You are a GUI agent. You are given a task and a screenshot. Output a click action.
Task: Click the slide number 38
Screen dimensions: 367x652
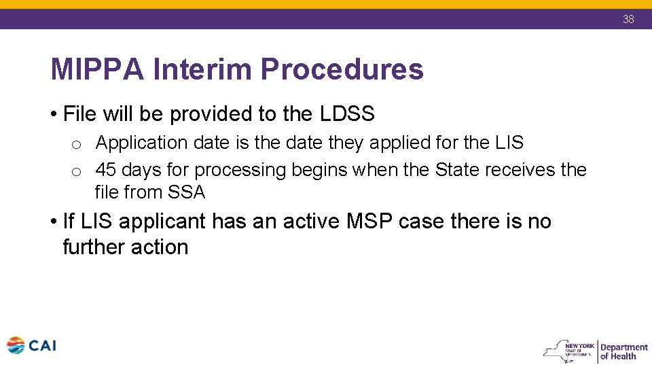click(x=628, y=19)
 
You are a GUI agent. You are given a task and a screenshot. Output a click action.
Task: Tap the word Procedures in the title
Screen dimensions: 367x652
click(x=342, y=69)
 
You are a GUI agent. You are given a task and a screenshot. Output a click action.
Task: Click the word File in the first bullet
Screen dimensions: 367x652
click(x=79, y=114)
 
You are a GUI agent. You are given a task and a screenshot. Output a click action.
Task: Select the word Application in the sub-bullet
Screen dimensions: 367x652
click(x=141, y=143)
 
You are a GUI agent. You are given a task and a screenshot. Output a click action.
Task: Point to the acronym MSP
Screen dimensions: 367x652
click(x=365, y=222)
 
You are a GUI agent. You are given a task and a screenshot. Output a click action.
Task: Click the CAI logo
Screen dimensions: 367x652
click(x=31, y=346)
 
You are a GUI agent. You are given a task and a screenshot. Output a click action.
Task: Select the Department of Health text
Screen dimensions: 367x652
click(x=623, y=351)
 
